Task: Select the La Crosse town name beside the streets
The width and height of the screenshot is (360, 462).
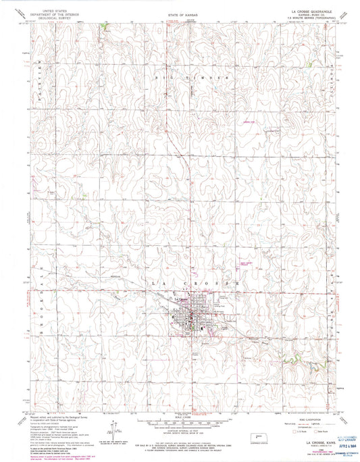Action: (182, 299)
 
